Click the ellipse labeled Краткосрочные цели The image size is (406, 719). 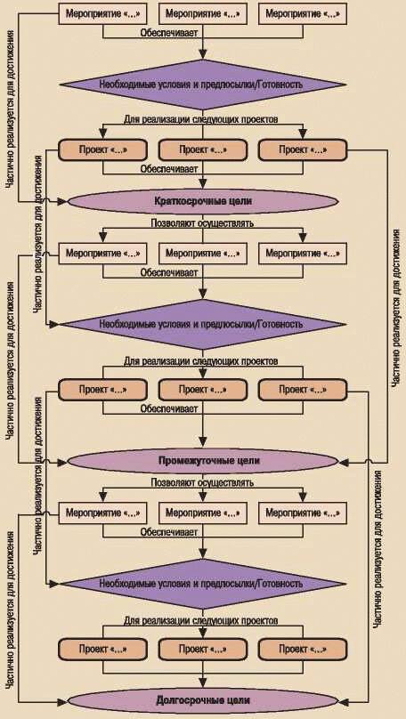(203, 201)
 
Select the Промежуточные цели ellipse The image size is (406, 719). (203, 460)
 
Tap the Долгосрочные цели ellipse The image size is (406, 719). (203, 700)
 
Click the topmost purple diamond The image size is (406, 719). (203, 85)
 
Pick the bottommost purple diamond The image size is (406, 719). (203, 584)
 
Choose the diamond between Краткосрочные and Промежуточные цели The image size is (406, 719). (203, 325)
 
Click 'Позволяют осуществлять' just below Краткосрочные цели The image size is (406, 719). (202, 224)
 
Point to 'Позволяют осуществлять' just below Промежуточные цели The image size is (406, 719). (202, 483)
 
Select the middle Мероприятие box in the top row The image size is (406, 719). (202, 13)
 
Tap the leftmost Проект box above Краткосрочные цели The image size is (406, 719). (102, 149)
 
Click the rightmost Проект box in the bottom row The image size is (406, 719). (303, 650)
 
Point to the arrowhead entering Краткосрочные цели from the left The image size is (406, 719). (63, 201)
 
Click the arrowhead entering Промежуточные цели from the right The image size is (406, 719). (343, 460)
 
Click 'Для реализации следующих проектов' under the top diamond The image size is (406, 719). (200, 118)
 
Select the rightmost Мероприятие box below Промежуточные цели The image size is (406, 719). (303, 513)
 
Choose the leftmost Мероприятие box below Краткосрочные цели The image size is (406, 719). (102, 253)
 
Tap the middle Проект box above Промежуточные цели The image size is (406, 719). (202, 391)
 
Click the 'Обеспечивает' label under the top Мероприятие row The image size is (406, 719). (169, 32)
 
